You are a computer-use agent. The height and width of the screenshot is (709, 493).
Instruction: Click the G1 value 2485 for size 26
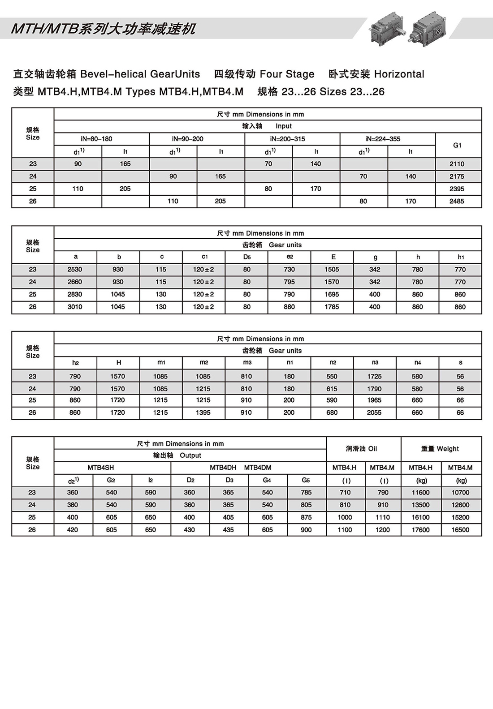pos(457,202)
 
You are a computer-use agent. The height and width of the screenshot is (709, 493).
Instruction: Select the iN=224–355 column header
pos(383,139)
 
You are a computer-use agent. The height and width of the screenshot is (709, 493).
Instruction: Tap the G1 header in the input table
pos(457,145)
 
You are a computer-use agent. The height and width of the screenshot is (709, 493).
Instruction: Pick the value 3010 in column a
pos(75,307)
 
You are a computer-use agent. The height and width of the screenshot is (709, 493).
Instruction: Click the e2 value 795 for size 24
pos(289,282)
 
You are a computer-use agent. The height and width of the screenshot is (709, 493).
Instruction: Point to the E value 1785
pos(332,307)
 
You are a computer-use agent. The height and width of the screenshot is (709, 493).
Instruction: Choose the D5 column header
pos(247,257)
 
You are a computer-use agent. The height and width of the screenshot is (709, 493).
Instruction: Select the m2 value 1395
pos(203,413)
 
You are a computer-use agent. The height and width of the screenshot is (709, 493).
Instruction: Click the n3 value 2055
pos(374,413)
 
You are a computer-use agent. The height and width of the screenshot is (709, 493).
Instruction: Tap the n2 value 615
pos(332,389)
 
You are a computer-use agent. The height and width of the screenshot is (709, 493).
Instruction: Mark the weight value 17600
pos(420,530)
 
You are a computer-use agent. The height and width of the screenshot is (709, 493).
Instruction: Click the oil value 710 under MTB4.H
pos(345,492)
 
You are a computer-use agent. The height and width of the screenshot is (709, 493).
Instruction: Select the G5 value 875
pos(306,517)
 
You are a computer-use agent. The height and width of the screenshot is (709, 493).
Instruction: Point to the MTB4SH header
pos(101,468)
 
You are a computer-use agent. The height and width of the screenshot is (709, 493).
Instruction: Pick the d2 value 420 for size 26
pos(73,530)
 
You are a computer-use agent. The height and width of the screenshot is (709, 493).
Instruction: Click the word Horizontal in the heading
pos(399,74)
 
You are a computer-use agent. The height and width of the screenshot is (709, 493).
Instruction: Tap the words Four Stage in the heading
pos(287,74)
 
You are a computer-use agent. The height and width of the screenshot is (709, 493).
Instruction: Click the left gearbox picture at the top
pos(386,28)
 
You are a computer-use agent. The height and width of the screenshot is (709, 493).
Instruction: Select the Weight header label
pos(447,449)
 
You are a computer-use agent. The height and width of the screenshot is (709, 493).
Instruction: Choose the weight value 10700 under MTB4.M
pos(460,492)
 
